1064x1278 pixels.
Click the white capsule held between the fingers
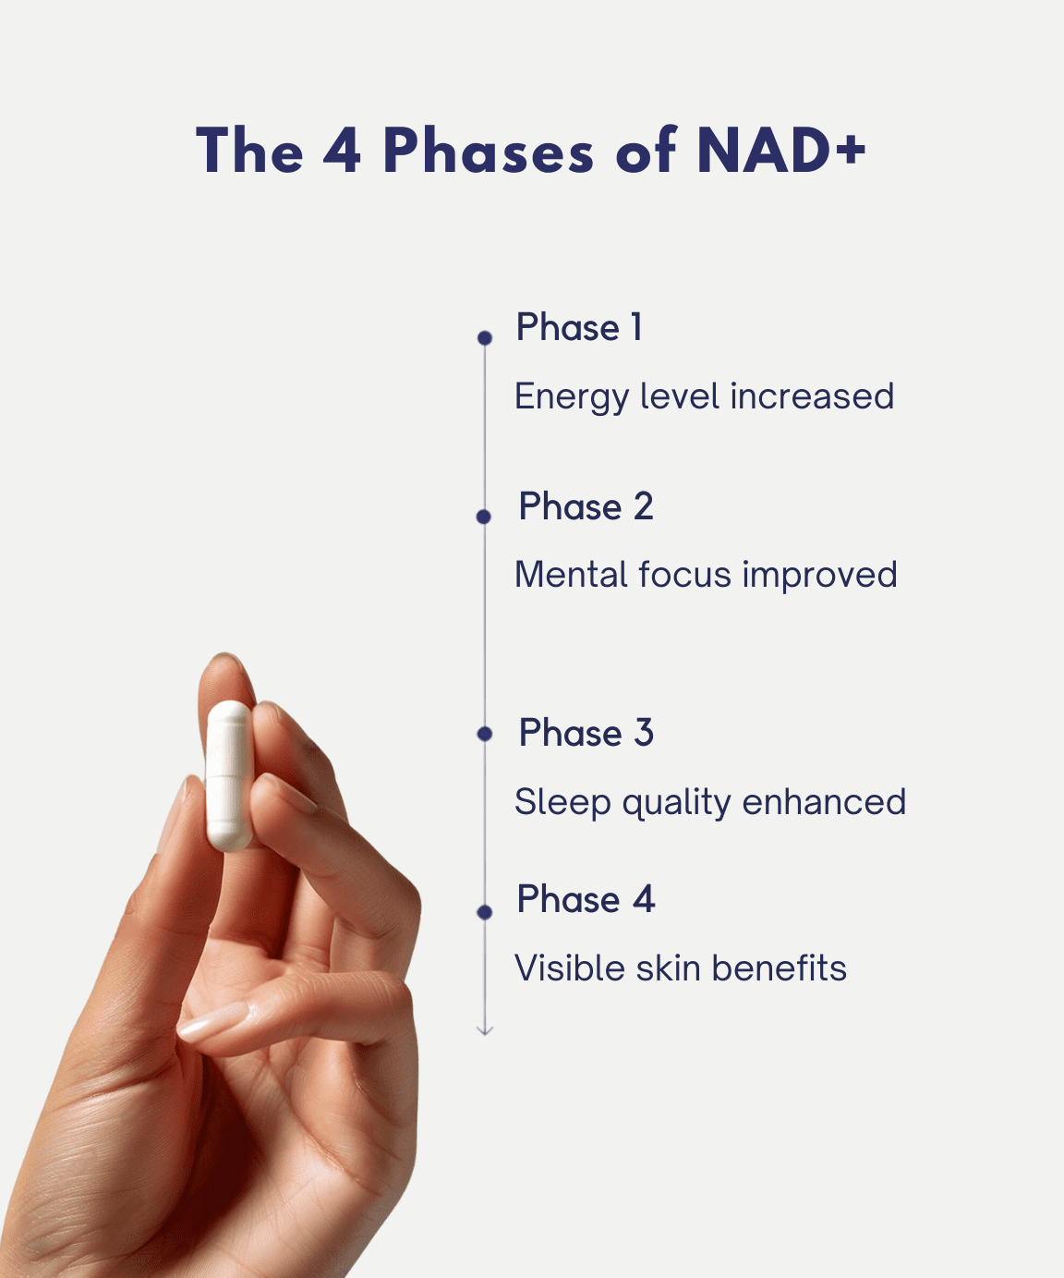[229, 775]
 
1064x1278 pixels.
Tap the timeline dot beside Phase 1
[485, 337]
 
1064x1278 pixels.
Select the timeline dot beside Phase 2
[483, 517]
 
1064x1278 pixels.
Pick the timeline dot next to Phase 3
[485, 734]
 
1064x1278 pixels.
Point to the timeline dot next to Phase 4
[485, 912]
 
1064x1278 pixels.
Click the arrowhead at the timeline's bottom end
[485, 1030]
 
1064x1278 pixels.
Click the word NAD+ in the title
[781, 150]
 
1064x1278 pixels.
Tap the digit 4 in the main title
[342, 150]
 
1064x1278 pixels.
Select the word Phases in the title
[489, 150]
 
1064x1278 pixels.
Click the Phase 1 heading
[579, 327]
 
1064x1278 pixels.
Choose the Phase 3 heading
[586, 732]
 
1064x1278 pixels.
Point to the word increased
[812, 396]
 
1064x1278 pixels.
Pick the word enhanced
[824, 801]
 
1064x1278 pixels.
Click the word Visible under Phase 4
[569, 968]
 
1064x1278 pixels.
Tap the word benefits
[779, 968]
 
